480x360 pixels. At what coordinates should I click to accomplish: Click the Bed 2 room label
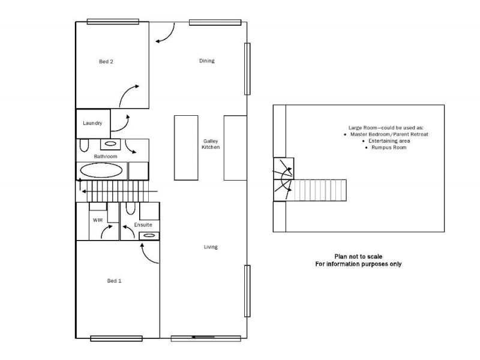(106, 61)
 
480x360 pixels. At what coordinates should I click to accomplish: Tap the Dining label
(207, 61)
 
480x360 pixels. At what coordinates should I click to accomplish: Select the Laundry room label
(92, 124)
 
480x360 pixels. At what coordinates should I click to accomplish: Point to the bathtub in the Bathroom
(102, 170)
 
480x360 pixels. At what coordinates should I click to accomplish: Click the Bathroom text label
(105, 156)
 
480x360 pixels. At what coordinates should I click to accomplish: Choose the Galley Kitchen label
(211, 144)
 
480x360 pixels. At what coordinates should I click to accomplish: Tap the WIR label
(98, 220)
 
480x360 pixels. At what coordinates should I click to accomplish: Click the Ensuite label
(143, 224)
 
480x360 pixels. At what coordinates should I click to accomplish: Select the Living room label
(210, 247)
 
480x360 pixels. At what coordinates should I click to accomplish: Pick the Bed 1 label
(115, 281)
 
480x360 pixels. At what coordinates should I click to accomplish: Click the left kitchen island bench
(186, 148)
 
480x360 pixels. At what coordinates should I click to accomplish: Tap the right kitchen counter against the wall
(235, 148)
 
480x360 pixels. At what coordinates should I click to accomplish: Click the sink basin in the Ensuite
(148, 236)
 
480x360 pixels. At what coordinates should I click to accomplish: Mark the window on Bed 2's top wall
(109, 22)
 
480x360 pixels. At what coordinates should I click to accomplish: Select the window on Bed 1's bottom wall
(116, 338)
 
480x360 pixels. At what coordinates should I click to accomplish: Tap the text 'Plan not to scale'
(359, 256)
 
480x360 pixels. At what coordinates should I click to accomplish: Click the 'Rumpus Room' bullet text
(389, 147)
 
